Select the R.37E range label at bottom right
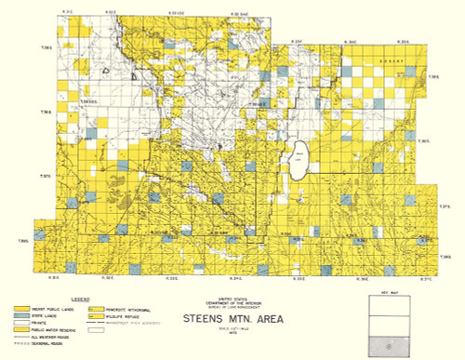point(426,277)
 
